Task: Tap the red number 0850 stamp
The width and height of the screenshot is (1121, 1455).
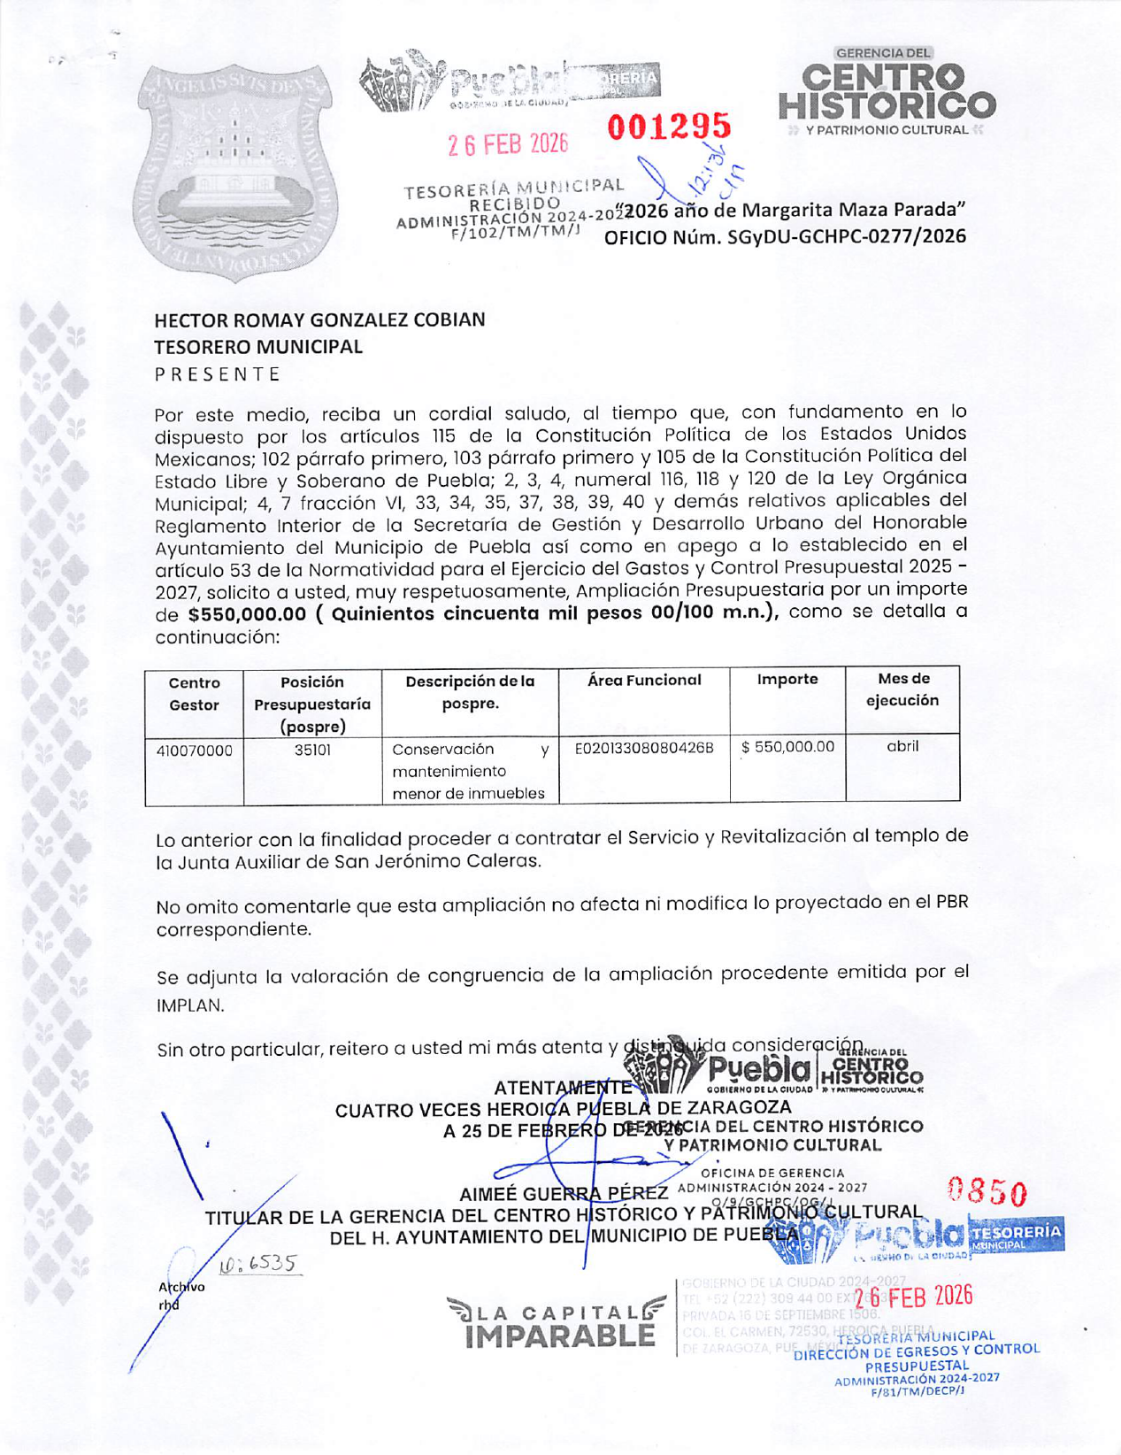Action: coord(987,1192)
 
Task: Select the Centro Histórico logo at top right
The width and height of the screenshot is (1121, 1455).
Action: coord(887,93)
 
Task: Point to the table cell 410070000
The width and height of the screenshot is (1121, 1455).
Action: coord(194,751)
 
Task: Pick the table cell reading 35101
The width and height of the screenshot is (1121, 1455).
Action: coord(312,750)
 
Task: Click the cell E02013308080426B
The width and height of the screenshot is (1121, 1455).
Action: coord(644,748)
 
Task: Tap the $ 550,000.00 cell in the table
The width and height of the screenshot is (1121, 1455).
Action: coord(787,746)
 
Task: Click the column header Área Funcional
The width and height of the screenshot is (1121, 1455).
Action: coord(644,680)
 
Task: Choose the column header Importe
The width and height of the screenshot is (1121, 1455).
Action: coord(787,679)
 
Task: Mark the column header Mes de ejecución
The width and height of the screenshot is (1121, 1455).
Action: coord(902,689)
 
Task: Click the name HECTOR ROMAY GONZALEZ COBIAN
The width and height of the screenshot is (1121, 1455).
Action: coord(319,319)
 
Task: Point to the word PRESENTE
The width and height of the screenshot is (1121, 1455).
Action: coord(218,373)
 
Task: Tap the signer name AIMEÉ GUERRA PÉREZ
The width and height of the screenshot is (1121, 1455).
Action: coord(564,1194)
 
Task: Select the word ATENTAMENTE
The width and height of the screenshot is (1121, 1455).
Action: coord(563,1088)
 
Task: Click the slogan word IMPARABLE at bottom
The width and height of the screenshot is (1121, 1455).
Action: coord(560,1336)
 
